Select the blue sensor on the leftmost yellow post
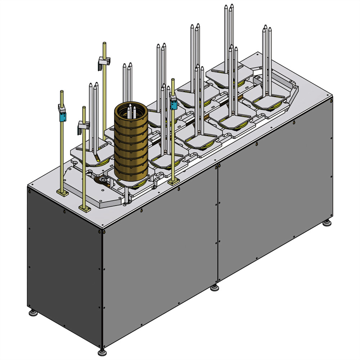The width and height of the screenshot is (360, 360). click(62, 116)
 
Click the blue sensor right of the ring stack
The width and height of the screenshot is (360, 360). click(174, 105)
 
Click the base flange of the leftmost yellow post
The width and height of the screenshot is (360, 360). click(62, 193)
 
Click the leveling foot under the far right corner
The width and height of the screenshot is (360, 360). click(327, 224)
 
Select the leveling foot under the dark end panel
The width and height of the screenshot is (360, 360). click(33, 312)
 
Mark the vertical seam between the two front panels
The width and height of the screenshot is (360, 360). click(217, 223)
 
